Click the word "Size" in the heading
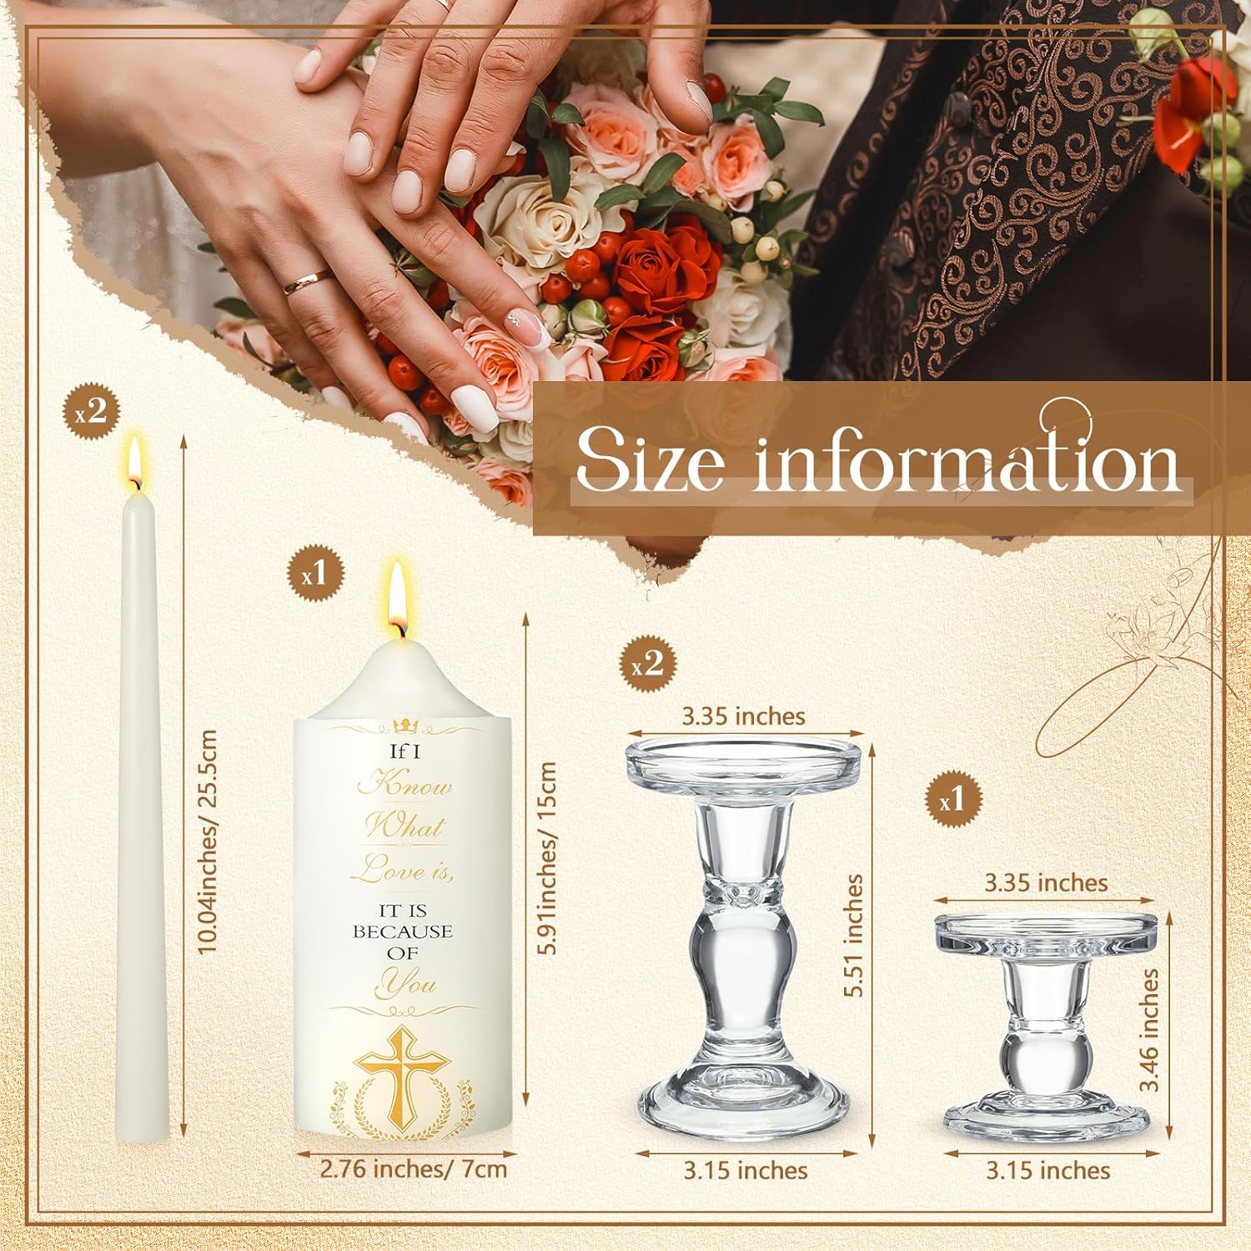(x=649, y=460)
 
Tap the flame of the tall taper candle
(x=134, y=461)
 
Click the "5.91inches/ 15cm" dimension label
(x=546, y=858)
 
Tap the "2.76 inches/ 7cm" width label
(x=414, y=1168)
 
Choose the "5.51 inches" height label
(x=853, y=935)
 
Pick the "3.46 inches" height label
(x=1150, y=1029)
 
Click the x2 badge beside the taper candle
(x=93, y=413)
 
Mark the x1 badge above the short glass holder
(x=957, y=801)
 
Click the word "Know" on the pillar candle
(x=405, y=785)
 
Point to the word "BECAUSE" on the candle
(x=402, y=932)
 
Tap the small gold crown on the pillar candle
(x=403, y=725)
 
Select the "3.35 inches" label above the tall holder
(x=744, y=716)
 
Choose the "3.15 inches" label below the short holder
(x=1048, y=1171)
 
